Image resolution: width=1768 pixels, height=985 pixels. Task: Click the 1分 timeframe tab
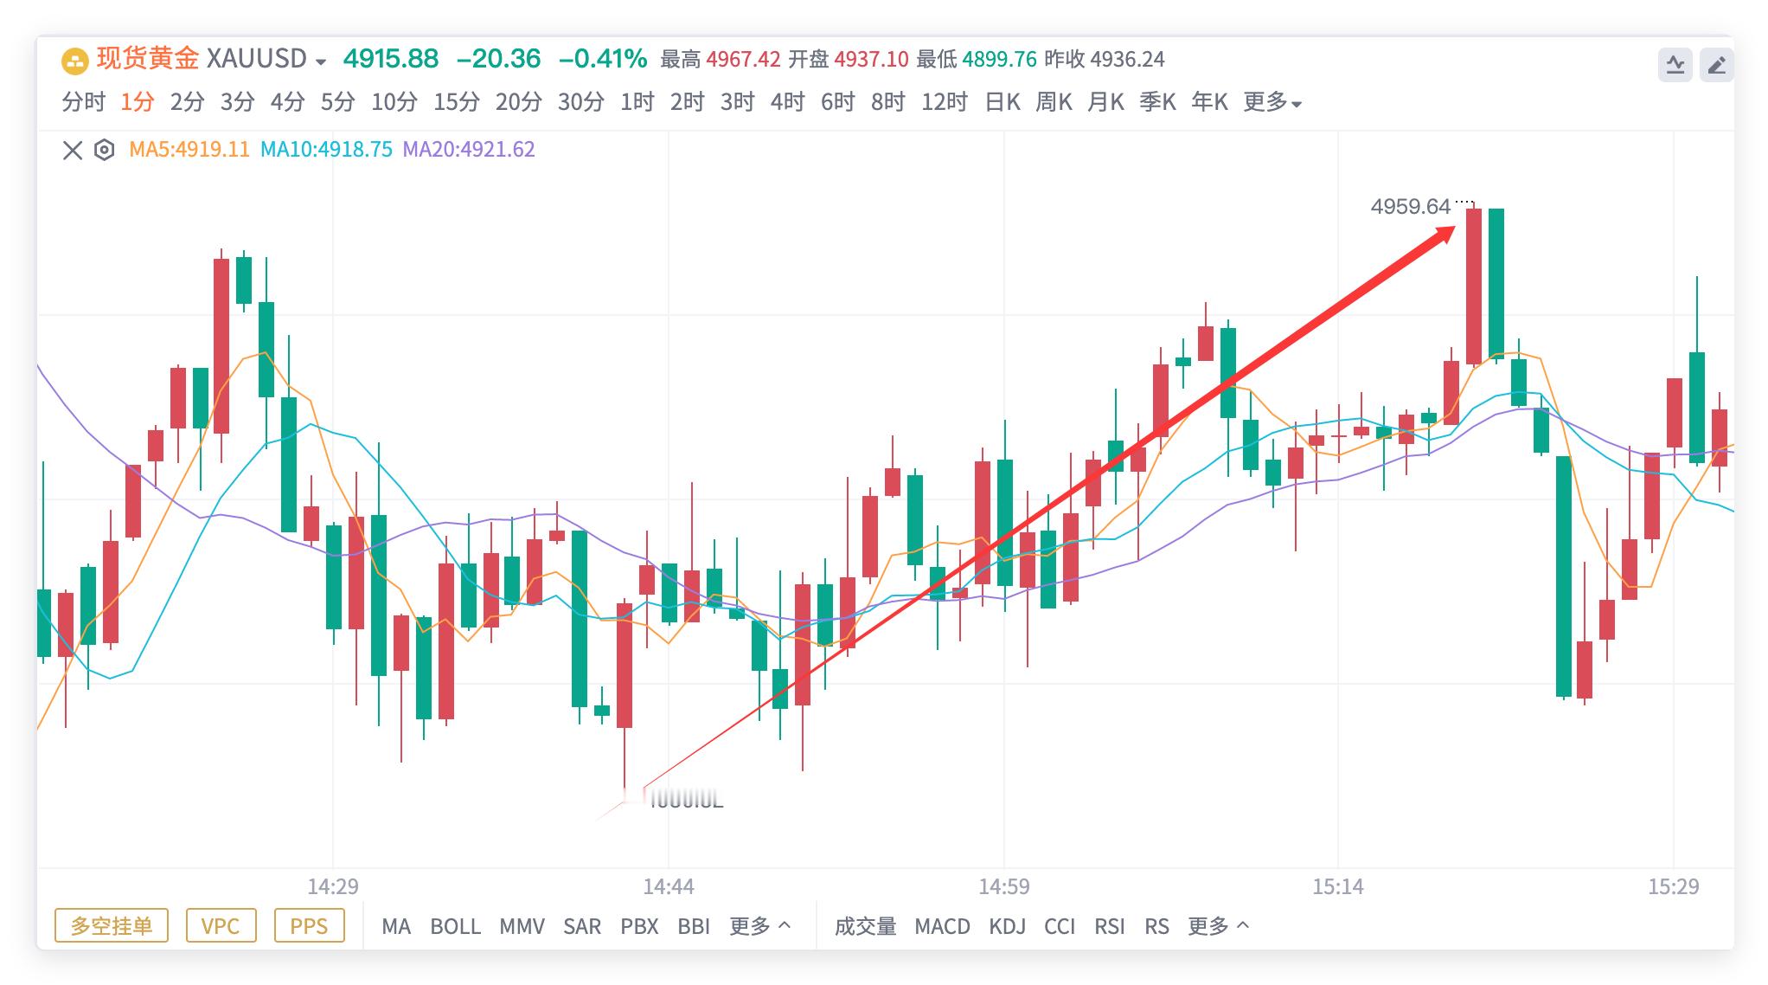click(x=137, y=102)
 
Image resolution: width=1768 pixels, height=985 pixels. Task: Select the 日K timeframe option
click(x=1003, y=102)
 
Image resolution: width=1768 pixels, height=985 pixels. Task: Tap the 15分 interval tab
click(x=456, y=102)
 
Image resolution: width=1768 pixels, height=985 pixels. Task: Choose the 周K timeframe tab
click(x=1054, y=102)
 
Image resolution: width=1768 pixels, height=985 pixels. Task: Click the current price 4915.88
click(x=391, y=59)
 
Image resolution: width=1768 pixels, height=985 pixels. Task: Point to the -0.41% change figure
click(x=603, y=59)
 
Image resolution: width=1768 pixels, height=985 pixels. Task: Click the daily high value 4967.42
click(x=743, y=59)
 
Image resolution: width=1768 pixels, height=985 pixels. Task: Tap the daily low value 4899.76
click(x=999, y=59)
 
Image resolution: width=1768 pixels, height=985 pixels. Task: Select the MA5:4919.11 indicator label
click(x=189, y=150)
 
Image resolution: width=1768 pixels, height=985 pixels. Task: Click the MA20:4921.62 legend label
click(x=469, y=150)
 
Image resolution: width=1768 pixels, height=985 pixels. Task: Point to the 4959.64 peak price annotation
click(x=1410, y=207)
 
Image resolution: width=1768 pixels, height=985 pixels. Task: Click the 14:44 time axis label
click(x=669, y=887)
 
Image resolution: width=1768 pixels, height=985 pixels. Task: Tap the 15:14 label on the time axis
click(x=1337, y=887)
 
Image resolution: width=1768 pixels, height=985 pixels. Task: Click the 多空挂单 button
click(x=112, y=926)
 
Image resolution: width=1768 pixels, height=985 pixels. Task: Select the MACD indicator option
click(x=942, y=927)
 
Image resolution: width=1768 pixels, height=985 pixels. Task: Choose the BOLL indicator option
click(x=455, y=927)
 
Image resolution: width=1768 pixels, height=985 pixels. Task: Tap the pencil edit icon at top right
click(x=1716, y=65)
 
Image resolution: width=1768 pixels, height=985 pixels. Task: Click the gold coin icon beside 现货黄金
click(x=75, y=61)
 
